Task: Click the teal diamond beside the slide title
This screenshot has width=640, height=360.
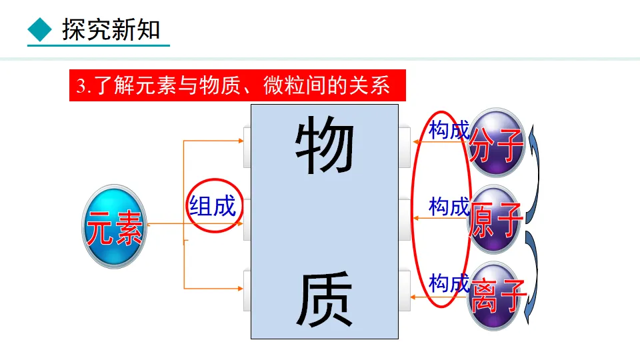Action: click(39, 29)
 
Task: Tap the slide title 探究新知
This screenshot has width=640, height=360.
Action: click(111, 30)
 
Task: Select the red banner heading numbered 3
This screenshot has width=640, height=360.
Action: click(237, 86)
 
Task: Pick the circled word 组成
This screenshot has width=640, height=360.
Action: click(213, 205)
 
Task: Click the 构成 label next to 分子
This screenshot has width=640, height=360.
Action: click(449, 130)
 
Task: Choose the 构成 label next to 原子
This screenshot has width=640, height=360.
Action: click(449, 207)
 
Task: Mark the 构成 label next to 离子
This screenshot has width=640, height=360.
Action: click(449, 283)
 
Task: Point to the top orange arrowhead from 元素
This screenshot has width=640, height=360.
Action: click(240, 141)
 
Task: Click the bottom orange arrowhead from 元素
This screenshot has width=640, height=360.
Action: click(240, 288)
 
